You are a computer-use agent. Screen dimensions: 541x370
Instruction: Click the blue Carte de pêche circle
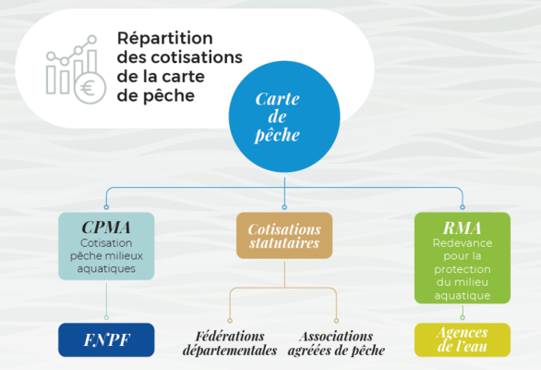click(284, 117)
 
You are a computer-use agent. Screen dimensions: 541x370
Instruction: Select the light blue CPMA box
click(106, 246)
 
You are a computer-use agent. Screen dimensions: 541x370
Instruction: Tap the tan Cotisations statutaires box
click(284, 236)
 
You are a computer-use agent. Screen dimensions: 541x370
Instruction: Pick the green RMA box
click(463, 258)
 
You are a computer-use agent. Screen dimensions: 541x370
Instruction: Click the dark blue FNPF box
click(106, 339)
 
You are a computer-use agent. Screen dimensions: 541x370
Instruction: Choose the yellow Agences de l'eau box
click(463, 339)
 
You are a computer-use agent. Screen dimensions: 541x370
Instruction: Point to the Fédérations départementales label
click(230, 343)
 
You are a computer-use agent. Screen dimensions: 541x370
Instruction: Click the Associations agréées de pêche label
click(336, 343)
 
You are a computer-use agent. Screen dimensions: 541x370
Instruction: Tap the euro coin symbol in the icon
click(90, 88)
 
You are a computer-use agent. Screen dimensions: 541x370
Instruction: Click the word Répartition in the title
click(165, 38)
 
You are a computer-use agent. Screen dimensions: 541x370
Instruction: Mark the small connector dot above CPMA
click(106, 207)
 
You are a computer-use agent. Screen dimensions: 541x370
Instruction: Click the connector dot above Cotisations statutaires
click(284, 207)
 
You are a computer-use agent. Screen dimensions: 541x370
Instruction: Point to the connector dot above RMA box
click(463, 207)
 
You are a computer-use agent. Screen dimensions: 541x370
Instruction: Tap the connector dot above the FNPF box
click(106, 317)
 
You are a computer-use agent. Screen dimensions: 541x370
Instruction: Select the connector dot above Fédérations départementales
click(230, 321)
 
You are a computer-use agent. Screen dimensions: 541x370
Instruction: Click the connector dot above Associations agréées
click(336, 321)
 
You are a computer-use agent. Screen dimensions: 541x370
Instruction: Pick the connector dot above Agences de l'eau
click(463, 317)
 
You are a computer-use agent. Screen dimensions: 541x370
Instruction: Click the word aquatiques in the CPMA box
click(106, 269)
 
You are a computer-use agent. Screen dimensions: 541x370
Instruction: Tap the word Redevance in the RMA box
click(463, 243)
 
